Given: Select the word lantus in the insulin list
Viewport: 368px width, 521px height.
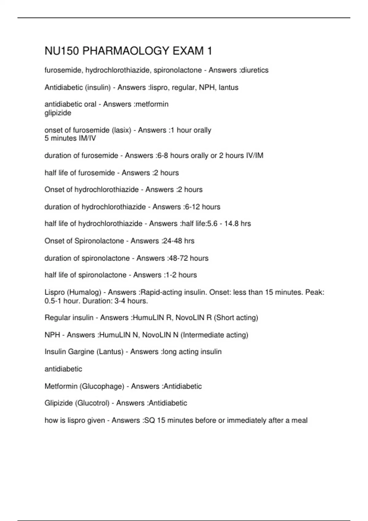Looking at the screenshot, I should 228,88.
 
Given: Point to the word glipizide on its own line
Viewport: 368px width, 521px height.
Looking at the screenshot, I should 58,113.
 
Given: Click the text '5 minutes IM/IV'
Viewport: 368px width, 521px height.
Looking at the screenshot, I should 70,139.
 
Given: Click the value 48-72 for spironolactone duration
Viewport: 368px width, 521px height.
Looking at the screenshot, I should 178,258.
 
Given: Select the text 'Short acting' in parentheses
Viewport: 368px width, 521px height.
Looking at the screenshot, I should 236,318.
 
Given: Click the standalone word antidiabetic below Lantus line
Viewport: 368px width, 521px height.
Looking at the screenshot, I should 63,369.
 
